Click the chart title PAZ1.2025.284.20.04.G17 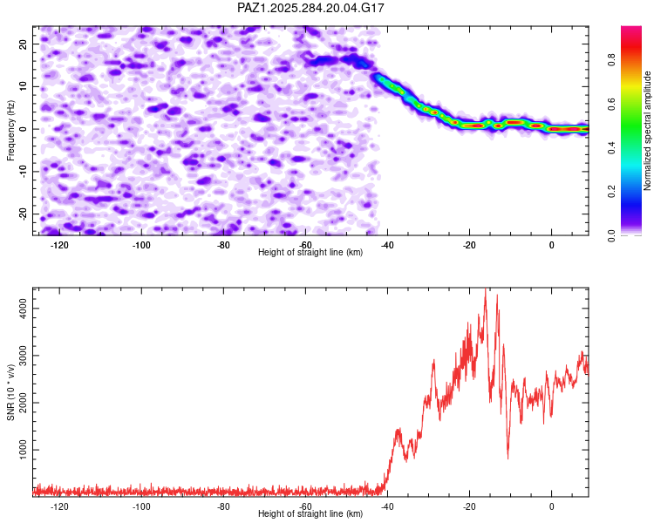tap(311, 8)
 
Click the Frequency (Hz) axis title tap(10, 129)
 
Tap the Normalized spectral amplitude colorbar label tap(647, 131)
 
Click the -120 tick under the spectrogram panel tap(59, 245)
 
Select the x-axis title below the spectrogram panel tap(310, 253)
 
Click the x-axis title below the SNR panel tap(310, 514)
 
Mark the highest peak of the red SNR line tap(486, 289)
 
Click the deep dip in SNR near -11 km tap(508, 458)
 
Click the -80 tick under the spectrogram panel tap(223, 245)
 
